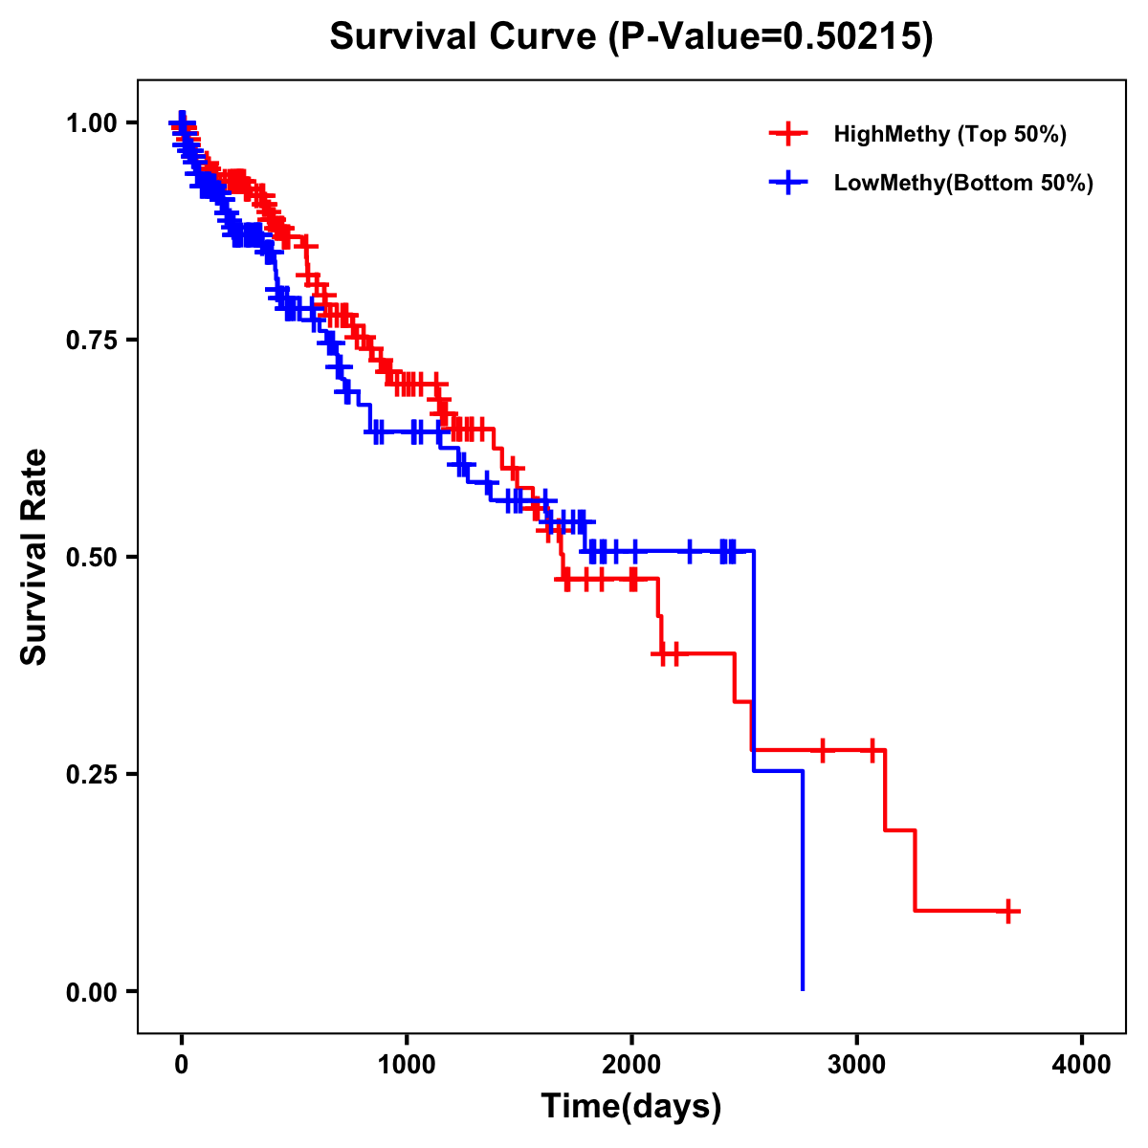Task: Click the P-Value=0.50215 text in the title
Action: point(772,37)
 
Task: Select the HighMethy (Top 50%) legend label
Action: point(949,134)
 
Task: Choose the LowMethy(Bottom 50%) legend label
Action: point(962,183)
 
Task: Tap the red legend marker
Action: point(787,134)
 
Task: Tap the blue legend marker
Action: point(787,183)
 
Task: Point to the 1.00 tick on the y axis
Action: point(91,122)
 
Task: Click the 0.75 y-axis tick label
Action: point(91,340)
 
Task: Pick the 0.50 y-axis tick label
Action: point(91,557)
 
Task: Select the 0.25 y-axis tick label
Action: point(91,774)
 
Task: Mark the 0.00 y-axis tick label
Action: point(91,991)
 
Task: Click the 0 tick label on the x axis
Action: point(182,1065)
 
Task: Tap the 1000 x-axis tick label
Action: point(407,1065)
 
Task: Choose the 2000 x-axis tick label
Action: point(631,1065)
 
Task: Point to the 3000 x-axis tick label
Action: point(857,1065)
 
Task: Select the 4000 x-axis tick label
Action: point(1082,1065)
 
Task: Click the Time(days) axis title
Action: point(631,1107)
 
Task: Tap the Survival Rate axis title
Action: point(35,557)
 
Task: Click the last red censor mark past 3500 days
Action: point(1007,911)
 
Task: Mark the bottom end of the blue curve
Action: point(802,988)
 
